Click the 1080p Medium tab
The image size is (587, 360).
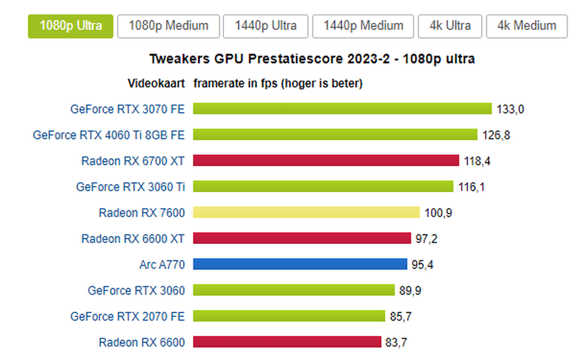tap(169, 26)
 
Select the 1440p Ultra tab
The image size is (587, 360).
tap(266, 26)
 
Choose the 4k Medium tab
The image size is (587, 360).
tap(526, 26)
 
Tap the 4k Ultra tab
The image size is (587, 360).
tap(450, 26)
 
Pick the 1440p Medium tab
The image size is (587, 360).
tap(364, 26)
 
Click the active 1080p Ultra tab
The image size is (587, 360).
tap(70, 26)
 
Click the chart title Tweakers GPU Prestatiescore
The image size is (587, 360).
tap(312, 59)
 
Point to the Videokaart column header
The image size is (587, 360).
tap(157, 84)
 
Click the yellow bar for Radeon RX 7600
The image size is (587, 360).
tap(306, 213)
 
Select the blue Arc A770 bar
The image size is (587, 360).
tap(300, 265)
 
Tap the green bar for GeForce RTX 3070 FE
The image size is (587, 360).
tap(342, 109)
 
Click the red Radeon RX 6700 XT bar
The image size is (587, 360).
tap(326, 161)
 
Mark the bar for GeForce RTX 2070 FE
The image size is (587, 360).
tap(289, 316)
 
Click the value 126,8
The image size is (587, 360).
tap(496, 135)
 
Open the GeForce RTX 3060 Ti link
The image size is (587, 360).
tap(130, 187)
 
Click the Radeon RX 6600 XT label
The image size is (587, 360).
tap(133, 239)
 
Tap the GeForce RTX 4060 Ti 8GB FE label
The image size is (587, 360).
tap(108, 135)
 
